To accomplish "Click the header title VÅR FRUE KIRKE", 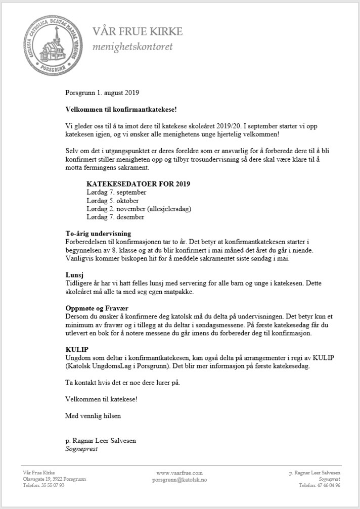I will click(138, 32).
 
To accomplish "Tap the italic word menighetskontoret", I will click(132, 47).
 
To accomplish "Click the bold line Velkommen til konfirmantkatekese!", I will click(121, 109).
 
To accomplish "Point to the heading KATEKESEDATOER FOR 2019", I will click(138, 183).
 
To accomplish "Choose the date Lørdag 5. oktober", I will click(113, 201).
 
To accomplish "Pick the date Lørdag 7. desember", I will click(116, 217).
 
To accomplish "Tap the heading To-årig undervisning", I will click(99, 234).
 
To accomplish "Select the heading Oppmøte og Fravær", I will click(98, 308).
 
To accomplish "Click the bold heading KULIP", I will click(77, 349).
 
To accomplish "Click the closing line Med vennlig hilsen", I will click(94, 416).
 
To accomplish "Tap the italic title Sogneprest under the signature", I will click(81, 448).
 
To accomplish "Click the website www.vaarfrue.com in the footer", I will click(179, 473).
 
